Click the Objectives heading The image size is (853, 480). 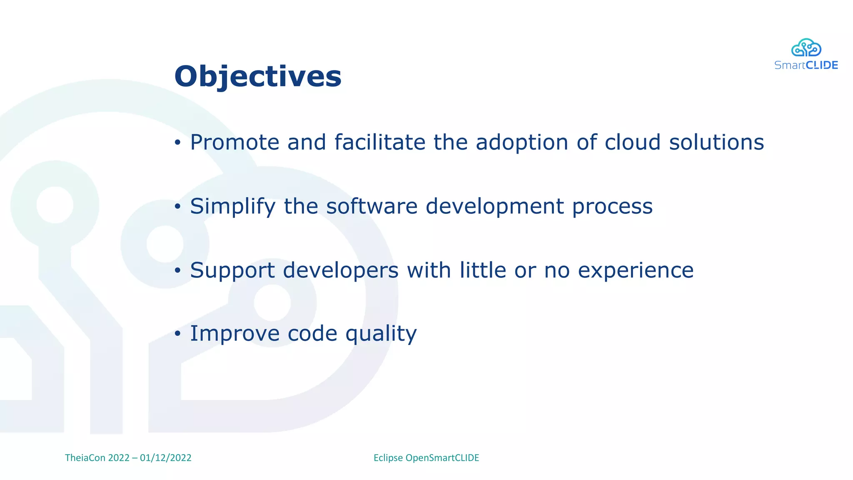coord(258,77)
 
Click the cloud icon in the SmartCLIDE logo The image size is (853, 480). coord(806,48)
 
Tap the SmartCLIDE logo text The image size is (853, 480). coord(806,65)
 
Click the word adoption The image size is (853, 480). coord(522,142)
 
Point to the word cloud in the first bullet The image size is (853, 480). coord(632,142)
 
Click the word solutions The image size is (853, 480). coord(716,142)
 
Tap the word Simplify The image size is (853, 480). coord(233,207)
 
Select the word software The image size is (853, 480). coord(372,207)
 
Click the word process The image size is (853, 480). coord(612,207)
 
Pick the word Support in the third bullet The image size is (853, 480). coord(232,270)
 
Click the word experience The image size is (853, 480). coord(636,270)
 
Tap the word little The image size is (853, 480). coord(482,270)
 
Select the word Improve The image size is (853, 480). coord(234,334)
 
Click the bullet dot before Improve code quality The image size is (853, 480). coord(178,334)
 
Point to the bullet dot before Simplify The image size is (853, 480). coord(178,207)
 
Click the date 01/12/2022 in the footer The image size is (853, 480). coord(165,458)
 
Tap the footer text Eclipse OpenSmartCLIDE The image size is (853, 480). coord(426,458)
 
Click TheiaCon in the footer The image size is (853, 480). coord(85,458)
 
